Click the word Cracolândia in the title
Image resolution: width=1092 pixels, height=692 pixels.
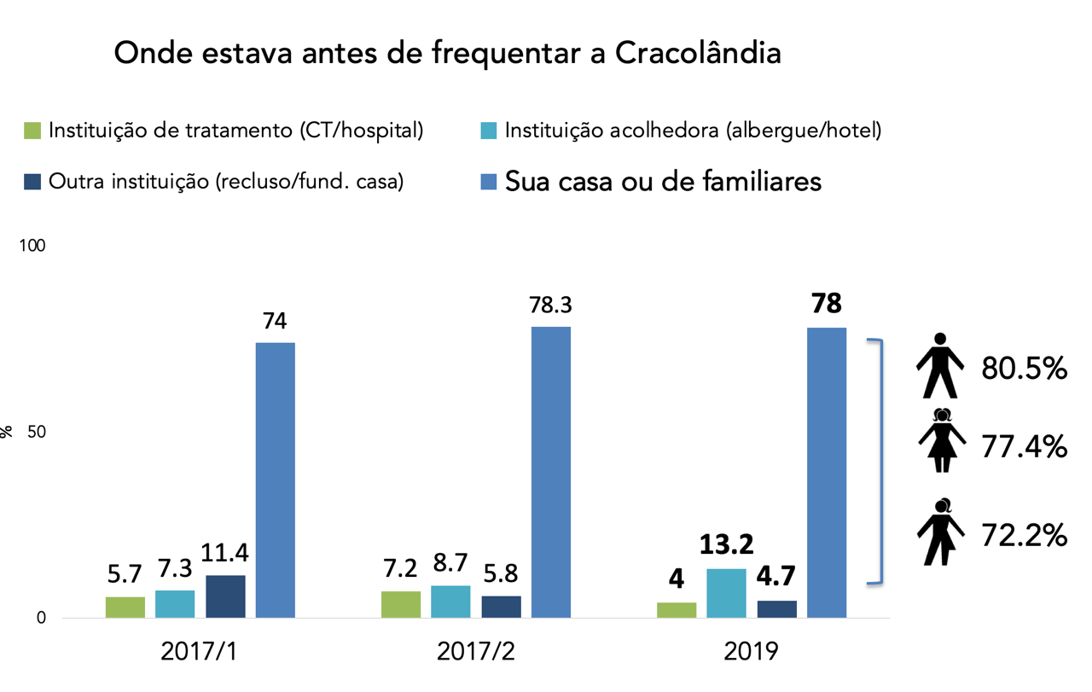698,54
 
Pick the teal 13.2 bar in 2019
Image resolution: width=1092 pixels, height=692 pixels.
726,593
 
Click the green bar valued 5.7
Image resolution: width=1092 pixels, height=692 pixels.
125,608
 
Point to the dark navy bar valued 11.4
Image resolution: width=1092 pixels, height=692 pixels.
225,596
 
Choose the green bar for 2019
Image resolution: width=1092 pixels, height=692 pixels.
677,610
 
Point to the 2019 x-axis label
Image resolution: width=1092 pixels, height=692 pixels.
751,651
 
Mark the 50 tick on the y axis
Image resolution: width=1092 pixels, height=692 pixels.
35,433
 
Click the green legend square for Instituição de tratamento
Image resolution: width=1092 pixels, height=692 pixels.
32,131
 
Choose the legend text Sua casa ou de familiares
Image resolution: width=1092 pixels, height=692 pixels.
663,181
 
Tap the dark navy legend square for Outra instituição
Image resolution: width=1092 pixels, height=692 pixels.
32,182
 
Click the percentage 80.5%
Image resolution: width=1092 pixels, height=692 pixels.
1024,369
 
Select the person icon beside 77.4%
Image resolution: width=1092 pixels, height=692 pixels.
942,439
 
